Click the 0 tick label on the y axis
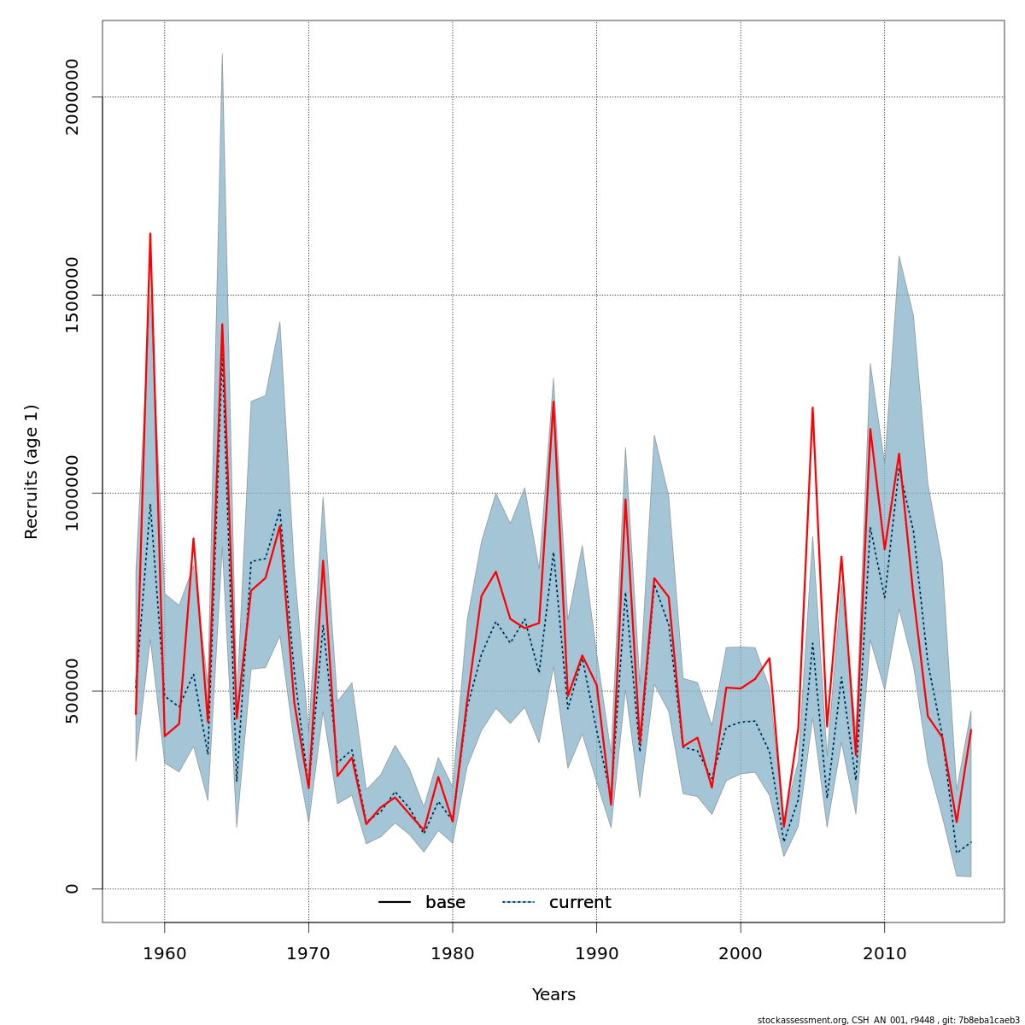[72, 888]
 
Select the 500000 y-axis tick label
[72, 690]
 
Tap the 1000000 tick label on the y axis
[72, 493]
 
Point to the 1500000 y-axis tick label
[72, 295]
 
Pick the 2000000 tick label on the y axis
[72, 97]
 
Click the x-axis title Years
[553, 995]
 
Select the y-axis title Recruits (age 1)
[32, 471]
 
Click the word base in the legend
[445, 903]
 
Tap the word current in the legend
[580, 903]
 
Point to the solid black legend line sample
[395, 903]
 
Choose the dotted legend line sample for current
[518, 903]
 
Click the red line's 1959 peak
[150, 233]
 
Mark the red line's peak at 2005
[812, 407]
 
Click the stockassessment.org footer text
[888, 1020]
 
